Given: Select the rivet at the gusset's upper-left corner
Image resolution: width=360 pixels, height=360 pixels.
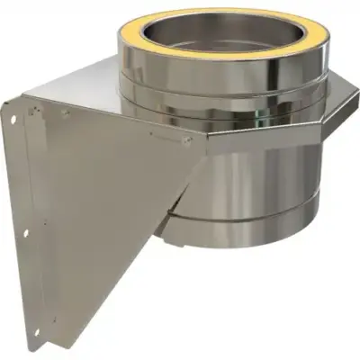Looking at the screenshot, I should click(64, 113).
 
